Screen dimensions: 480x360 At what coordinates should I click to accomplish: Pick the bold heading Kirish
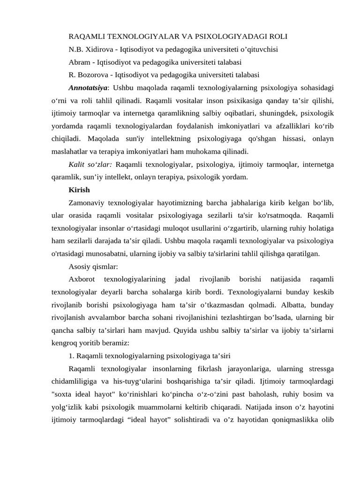[x=79, y=190]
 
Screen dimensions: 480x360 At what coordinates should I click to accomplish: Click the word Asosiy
[x=79, y=266]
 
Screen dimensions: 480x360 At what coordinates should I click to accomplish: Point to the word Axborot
[x=82, y=279]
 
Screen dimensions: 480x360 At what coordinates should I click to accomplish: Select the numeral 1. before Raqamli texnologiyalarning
[x=71, y=356]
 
